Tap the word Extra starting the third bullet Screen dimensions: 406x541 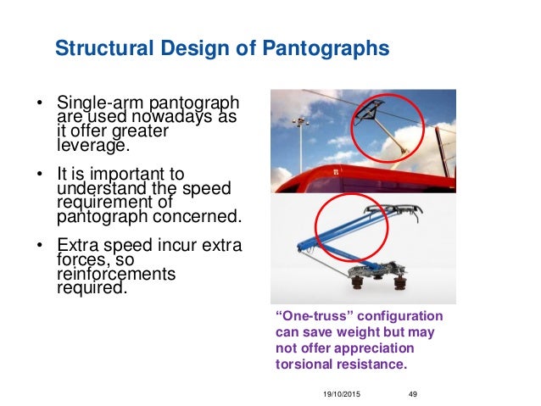point(77,247)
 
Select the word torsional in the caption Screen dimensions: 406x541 point(304,364)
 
